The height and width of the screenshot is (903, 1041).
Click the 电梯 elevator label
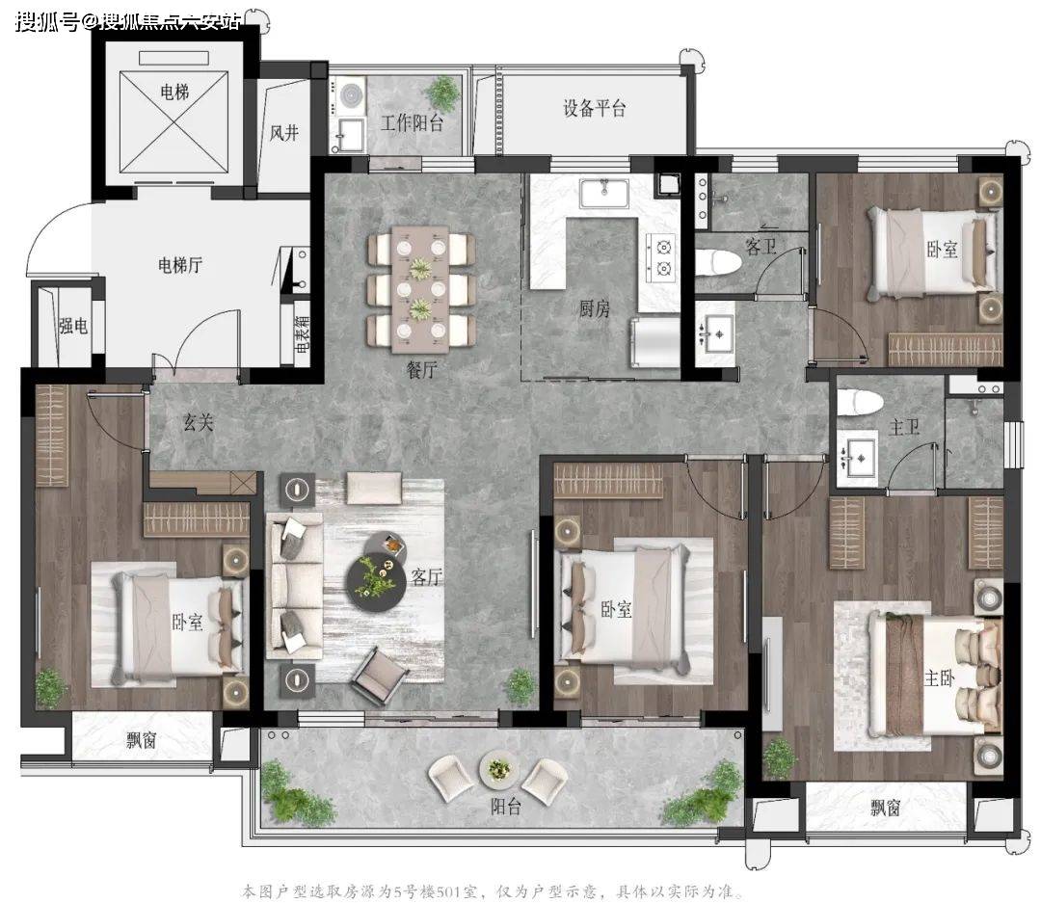(174, 91)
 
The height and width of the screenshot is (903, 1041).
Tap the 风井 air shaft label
(284, 133)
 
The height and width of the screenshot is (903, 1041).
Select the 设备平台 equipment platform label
(594, 108)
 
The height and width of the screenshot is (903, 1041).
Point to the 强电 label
(73, 326)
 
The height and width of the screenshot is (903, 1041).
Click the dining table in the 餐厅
(420, 289)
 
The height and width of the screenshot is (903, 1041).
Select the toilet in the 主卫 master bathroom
(859, 402)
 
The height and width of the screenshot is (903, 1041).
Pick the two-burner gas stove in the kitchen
(662, 257)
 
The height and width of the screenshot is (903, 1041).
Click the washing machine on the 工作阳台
(349, 96)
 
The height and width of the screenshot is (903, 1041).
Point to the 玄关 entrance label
(199, 421)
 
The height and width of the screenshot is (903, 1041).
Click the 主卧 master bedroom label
(940, 677)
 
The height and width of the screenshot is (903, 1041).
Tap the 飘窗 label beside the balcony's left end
(142, 740)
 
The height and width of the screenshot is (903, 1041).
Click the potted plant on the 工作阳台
(442, 93)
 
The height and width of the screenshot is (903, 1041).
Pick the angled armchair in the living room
(381, 675)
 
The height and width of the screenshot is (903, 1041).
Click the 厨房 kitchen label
(594, 308)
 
